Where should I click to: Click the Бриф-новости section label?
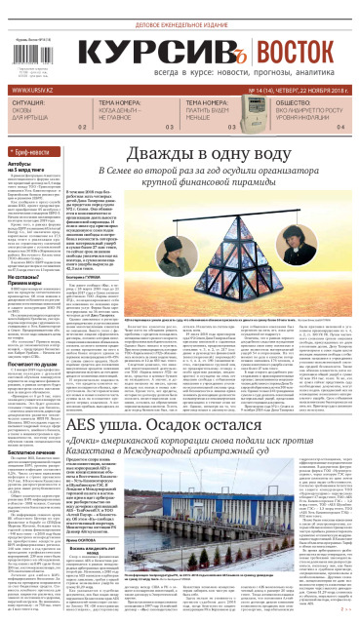click(30, 153)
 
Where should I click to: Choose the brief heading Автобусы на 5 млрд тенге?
click(29, 172)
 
